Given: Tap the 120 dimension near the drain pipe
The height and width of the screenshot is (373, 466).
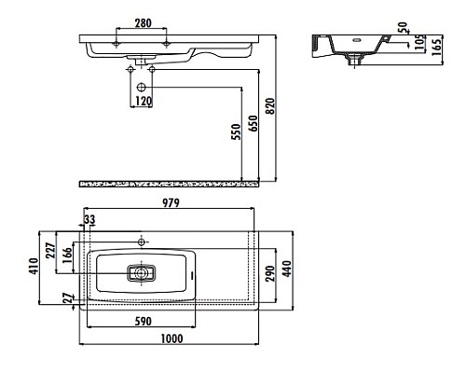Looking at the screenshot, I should click(143, 101).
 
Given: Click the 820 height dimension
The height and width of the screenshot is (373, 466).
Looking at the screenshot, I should click(272, 106).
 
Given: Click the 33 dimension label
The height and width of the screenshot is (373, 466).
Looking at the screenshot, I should click(89, 220).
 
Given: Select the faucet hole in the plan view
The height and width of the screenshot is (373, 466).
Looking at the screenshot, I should click(142, 242).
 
